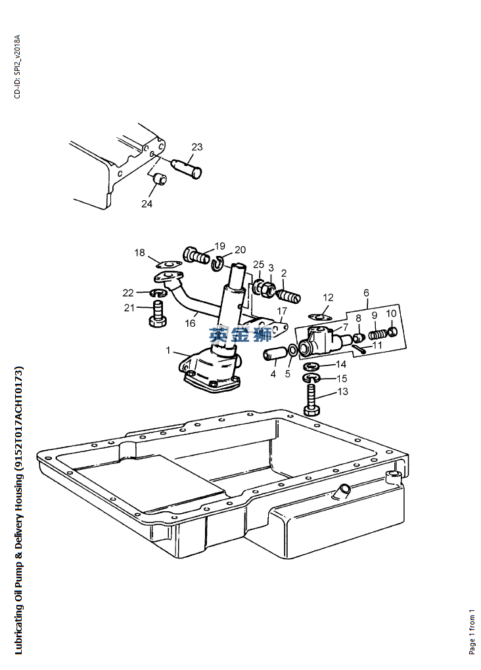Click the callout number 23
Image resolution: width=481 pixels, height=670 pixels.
tap(197, 147)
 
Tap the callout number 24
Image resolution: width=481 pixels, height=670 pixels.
tap(147, 204)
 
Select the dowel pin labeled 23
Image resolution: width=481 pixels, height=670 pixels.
tap(187, 168)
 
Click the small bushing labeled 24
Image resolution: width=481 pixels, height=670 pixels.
tap(160, 179)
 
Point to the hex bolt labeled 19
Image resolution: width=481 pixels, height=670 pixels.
tap(196, 256)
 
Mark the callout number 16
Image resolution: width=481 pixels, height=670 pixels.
tap(191, 324)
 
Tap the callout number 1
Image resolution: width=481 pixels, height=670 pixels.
tap(168, 350)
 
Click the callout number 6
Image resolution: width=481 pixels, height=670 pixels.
tap(366, 293)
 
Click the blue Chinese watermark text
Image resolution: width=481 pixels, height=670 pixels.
tap(241, 335)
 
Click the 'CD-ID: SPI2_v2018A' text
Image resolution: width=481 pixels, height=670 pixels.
tap(17, 67)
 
